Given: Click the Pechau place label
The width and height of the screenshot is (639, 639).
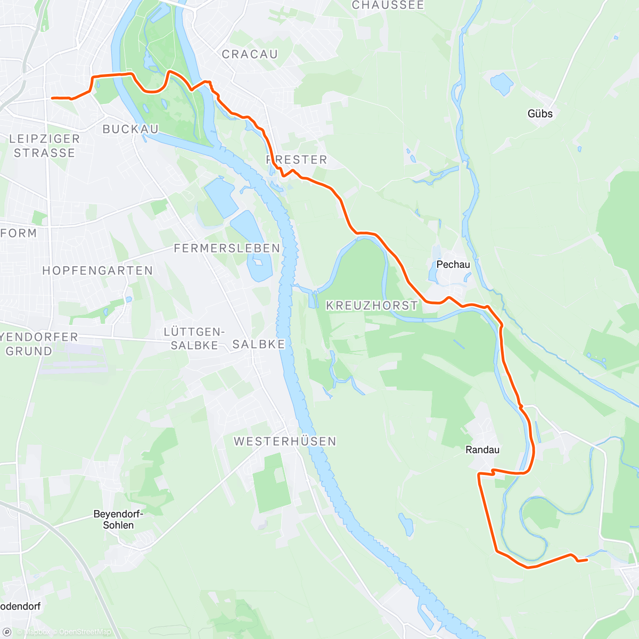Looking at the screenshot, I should point(453,265).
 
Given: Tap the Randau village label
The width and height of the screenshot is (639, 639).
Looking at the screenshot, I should point(482,450).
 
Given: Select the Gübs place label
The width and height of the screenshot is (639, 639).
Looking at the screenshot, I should point(540,113).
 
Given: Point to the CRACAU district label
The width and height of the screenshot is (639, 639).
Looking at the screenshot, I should point(250,54).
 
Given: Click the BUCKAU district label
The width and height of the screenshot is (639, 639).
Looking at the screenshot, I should point(130,129).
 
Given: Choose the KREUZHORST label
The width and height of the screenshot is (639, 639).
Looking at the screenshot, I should point(372,306).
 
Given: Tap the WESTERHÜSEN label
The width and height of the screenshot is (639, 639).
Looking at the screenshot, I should point(285,441).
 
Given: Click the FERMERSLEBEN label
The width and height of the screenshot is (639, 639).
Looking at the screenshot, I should point(227,248).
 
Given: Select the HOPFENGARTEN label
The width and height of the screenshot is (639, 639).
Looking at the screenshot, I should point(97,271).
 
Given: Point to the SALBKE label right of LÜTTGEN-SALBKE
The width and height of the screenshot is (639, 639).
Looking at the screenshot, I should point(259,345).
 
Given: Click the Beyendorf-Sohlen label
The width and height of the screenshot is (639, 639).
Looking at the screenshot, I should point(118,520).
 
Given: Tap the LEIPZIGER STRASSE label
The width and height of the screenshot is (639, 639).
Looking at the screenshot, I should point(44,146).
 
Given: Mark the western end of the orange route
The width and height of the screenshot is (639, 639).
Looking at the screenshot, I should point(52,98).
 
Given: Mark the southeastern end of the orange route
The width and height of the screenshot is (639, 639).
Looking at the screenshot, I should point(586,560).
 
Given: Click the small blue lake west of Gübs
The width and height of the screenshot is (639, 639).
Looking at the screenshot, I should point(501,84).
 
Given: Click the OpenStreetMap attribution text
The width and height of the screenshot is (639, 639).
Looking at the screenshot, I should point(85,632).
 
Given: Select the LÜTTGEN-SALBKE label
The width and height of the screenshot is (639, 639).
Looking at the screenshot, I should point(194,339).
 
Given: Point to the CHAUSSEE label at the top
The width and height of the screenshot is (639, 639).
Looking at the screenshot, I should point(388,5).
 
